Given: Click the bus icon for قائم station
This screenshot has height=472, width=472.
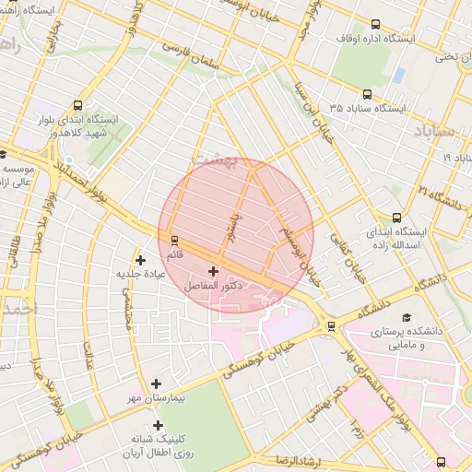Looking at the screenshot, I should click(x=173, y=240).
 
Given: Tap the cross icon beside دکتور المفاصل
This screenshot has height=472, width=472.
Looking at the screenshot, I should click(x=214, y=271).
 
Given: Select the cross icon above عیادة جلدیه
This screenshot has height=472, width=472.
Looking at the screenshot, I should click(x=140, y=260).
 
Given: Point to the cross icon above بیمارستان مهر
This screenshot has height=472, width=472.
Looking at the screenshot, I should click(x=156, y=383).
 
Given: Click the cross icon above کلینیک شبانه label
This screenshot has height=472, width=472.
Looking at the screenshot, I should click(x=159, y=425).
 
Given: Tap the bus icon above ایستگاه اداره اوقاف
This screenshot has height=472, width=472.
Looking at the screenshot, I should click(x=374, y=24).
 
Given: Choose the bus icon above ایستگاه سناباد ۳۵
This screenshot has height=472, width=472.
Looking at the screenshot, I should click(x=368, y=94).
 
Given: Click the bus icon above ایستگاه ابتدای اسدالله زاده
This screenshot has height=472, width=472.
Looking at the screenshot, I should click(x=396, y=218).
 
